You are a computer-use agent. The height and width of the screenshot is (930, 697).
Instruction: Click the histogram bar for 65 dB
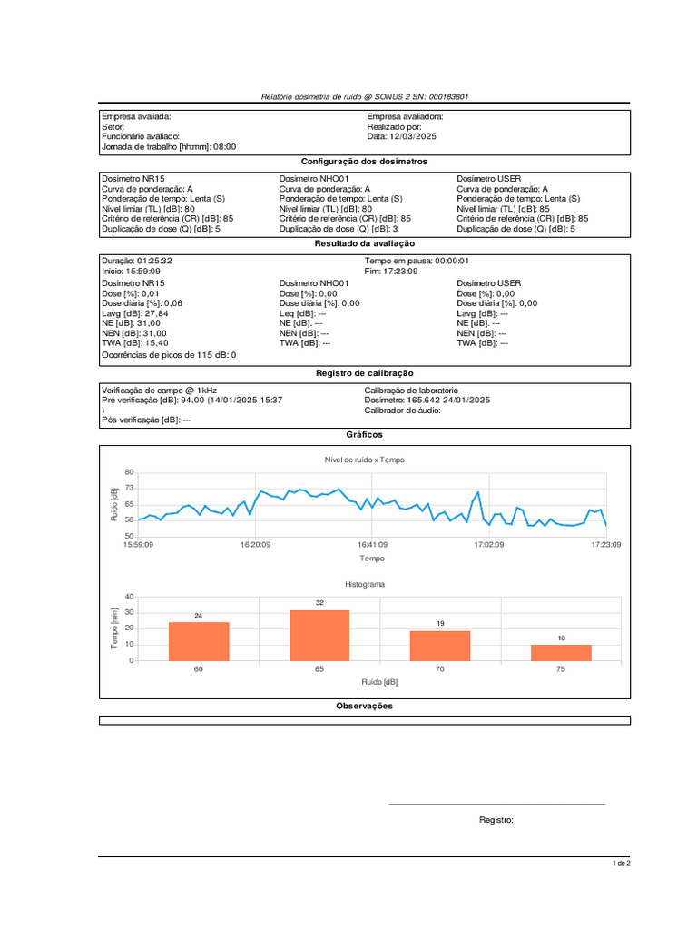pyautogui.click(x=319, y=635)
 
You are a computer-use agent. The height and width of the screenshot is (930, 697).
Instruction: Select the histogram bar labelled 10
pyautogui.click(x=561, y=652)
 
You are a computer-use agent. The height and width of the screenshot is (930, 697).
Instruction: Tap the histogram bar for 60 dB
pyautogui.click(x=199, y=641)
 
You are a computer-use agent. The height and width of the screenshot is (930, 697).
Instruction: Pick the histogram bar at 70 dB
pyautogui.click(x=440, y=645)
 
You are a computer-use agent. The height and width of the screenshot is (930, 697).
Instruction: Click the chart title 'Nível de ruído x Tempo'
pyautogui.click(x=365, y=460)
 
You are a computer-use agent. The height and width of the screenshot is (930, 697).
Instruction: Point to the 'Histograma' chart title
pyautogui.click(x=365, y=584)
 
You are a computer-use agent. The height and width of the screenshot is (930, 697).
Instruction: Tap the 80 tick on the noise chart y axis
pyautogui.click(x=129, y=472)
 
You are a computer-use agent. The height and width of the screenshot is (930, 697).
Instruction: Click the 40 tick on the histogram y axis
pyautogui.click(x=129, y=597)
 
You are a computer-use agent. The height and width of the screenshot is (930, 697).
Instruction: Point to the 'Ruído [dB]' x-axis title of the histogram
pyautogui.click(x=379, y=681)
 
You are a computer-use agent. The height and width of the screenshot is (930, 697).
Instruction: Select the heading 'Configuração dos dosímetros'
pyautogui.click(x=364, y=161)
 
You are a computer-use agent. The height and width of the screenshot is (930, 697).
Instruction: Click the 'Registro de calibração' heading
pyautogui.click(x=364, y=372)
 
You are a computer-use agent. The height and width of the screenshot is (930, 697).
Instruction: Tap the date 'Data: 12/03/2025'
pyautogui.click(x=402, y=136)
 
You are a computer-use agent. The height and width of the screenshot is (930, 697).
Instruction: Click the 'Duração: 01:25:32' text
pyautogui.click(x=137, y=261)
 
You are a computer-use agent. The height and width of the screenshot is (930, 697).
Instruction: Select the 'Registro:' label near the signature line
pyautogui.click(x=496, y=820)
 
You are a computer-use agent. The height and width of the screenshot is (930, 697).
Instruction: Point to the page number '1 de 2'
pyautogui.click(x=621, y=863)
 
